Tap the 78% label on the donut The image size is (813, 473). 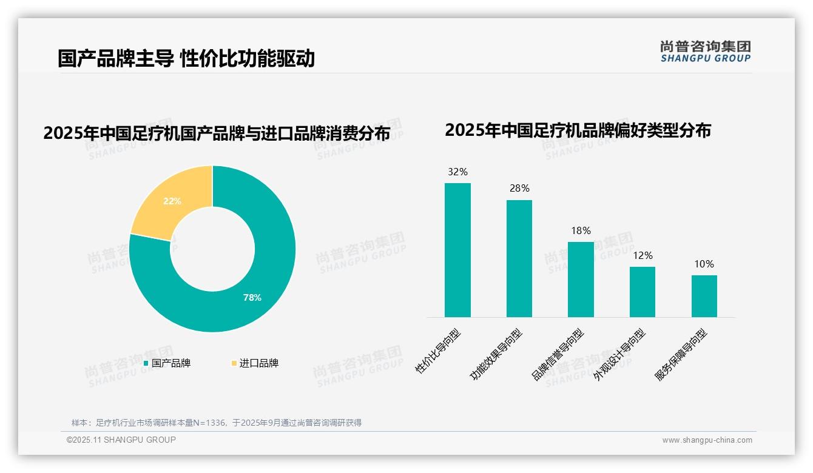[x=252, y=298]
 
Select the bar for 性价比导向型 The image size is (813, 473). [x=457, y=250]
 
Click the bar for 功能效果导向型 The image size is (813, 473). [x=519, y=258]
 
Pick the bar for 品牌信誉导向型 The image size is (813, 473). [x=581, y=280]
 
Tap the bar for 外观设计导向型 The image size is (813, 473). [x=643, y=292]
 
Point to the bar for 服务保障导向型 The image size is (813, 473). [x=704, y=296]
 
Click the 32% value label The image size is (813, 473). [x=457, y=172]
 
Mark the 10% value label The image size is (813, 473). [x=704, y=264]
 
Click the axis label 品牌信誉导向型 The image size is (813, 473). [x=558, y=355]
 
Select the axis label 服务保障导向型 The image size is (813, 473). [x=681, y=355]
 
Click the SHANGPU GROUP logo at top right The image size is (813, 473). [x=706, y=52]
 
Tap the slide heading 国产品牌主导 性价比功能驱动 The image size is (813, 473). [x=186, y=58]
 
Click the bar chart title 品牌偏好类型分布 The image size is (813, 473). [x=578, y=130]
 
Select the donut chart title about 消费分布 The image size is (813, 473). [x=217, y=133]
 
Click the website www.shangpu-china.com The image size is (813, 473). [x=707, y=440]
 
